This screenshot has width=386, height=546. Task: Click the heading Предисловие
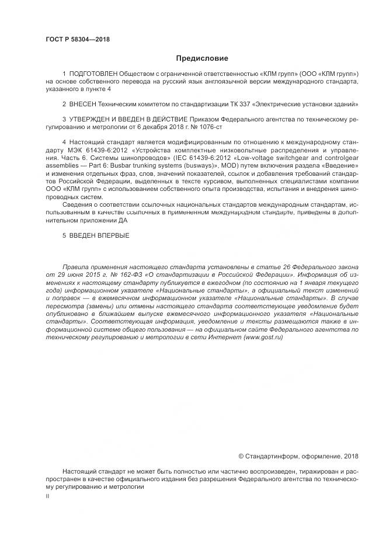coord(203,58)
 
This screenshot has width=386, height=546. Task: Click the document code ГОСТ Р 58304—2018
coord(78,39)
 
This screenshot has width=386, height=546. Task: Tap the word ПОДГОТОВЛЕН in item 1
coord(93,75)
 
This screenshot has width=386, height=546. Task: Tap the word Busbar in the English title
coord(122,166)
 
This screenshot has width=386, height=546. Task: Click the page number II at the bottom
coord(47,495)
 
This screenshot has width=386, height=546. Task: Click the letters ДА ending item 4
coord(121,220)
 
